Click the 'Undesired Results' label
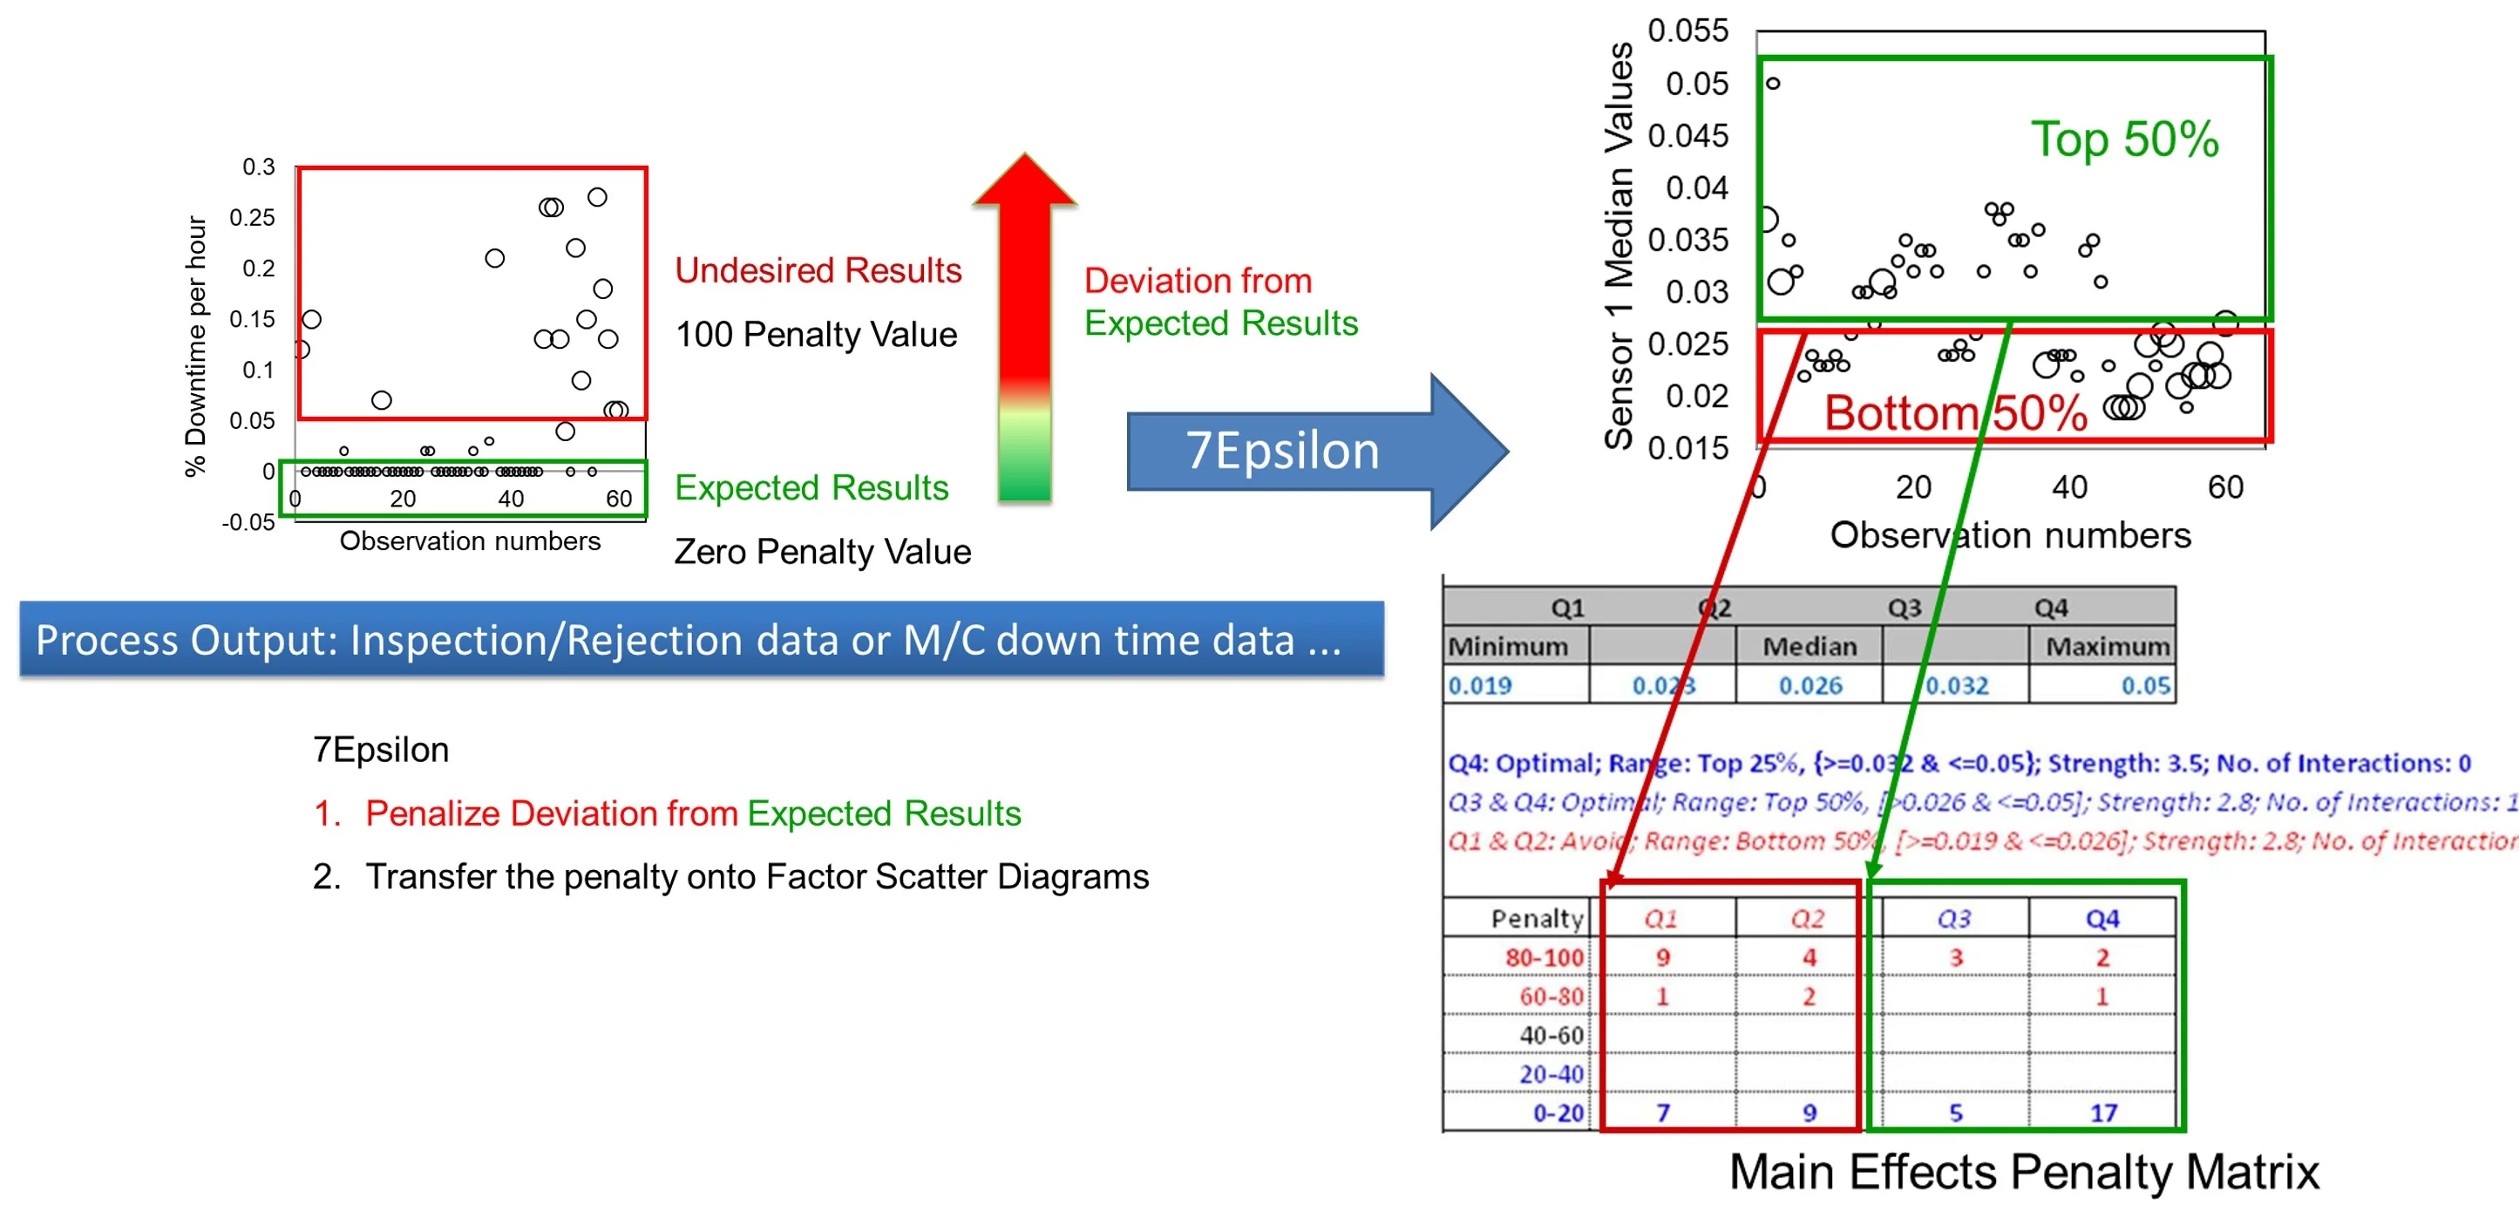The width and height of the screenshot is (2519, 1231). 818,271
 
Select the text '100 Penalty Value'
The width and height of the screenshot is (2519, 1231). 816,335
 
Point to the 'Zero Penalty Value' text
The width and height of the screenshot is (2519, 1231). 821,552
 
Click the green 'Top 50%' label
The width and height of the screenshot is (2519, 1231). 2124,139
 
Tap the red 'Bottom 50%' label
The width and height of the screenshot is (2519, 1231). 1956,412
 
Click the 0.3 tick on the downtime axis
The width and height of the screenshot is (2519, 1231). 258,167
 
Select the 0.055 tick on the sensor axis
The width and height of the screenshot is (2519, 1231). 1687,31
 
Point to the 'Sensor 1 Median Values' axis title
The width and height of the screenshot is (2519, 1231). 1619,244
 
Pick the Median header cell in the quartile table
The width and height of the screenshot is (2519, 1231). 1809,646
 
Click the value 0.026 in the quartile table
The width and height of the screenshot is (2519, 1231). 1809,685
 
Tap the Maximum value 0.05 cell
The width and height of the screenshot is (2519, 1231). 2145,685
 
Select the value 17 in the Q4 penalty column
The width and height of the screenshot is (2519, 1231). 2103,1112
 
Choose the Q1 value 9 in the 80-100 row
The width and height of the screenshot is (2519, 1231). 1662,957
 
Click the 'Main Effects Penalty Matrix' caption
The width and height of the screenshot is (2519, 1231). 2023,1172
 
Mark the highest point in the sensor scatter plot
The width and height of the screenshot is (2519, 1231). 1773,83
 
